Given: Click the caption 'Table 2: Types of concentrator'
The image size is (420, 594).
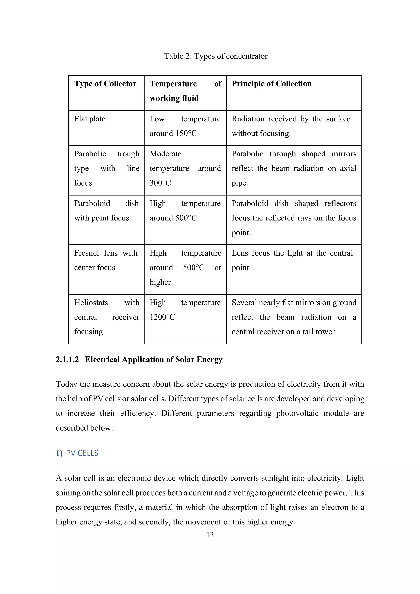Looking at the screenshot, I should (216, 56).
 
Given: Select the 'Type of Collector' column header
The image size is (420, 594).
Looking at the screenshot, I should (105, 84).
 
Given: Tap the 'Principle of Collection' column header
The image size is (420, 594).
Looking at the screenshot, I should (272, 84).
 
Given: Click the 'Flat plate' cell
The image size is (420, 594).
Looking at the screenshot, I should (90, 119).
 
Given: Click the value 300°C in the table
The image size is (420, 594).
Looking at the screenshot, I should (160, 183).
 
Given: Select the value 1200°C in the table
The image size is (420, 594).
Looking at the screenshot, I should (162, 317).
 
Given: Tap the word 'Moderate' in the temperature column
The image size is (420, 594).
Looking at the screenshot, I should (165, 154).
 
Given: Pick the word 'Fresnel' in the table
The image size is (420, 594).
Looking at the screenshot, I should (86, 253).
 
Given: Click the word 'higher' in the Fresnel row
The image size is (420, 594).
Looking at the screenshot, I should (160, 282).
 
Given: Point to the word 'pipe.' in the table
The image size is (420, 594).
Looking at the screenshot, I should (240, 183).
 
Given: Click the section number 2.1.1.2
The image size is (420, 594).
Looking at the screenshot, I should (67, 360).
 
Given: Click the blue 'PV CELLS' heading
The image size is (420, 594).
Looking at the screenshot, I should (82, 453).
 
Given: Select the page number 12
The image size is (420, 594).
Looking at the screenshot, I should (210, 535).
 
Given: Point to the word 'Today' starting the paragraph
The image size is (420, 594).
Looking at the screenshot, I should (66, 384).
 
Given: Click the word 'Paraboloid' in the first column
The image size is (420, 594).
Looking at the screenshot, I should (92, 204).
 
